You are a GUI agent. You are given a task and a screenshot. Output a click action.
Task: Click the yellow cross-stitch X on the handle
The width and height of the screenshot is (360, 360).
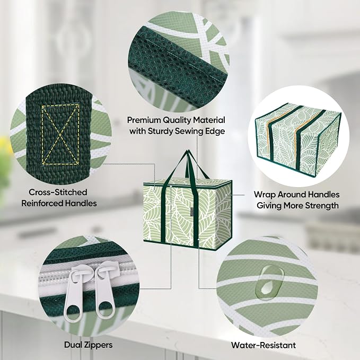pyautogui.click(x=60, y=135)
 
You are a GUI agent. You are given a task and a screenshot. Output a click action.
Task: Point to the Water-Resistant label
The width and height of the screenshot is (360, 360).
pyautogui.click(x=264, y=345)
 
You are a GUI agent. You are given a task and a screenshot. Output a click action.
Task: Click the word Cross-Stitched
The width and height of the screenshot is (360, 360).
pyautogui.click(x=58, y=192)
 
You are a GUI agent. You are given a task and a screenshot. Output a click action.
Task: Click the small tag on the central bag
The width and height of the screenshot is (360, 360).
pyautogui.click(x=190, y=210)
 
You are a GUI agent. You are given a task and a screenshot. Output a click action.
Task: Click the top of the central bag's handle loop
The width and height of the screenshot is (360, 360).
pyautogui.click(x=189, y=152)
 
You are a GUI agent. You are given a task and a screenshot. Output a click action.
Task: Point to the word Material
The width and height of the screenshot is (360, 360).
pyautogui.click(x=209, y=120)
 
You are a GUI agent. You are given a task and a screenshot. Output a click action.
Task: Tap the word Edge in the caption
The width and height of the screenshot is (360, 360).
pyautogui.click(x=216, y=131)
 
